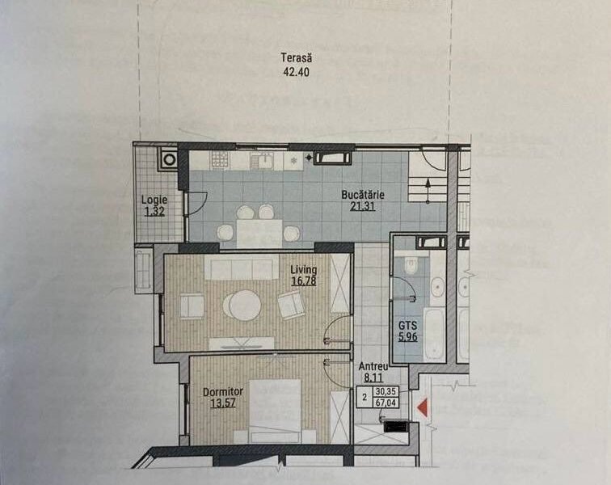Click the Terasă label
point(296,58)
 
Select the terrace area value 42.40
point(296,71)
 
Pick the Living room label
point(304,270)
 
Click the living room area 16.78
point(304,281)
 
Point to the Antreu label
point(373,365)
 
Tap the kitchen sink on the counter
point(263,159)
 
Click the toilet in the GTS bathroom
point(411,264)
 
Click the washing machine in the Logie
point(168,159)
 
